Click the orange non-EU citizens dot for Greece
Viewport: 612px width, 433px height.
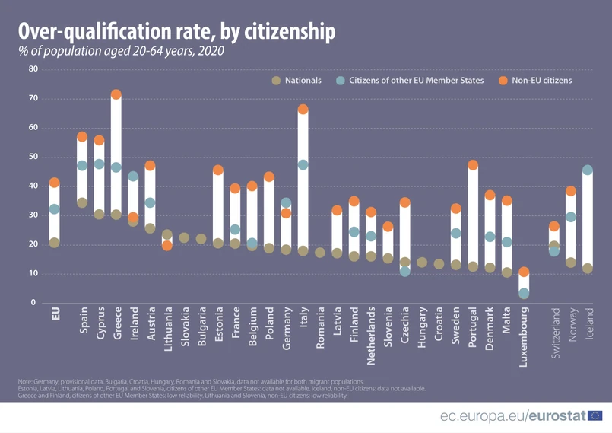click(x=116, y=95)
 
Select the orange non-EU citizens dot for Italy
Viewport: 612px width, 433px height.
click(x=303, y=110)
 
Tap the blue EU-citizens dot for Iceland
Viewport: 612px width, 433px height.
click(x=587, y=170)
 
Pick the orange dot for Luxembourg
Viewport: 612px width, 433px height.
click(x=523, y=272)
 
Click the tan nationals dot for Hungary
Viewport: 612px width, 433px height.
click(x=422, y=263)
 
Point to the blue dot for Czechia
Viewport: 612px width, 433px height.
click(x=405, y=271)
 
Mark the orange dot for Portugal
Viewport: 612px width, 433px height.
click(x=473, y=165)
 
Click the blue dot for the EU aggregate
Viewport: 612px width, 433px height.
click(x=54, y=209)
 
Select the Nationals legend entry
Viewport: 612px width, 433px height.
click(x=296, y=81)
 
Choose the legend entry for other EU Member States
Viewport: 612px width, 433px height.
click(x=410, y=81)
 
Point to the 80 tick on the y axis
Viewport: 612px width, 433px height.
click(x=33, y=69)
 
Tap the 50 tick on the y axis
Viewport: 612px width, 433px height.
click(x=33, y=157)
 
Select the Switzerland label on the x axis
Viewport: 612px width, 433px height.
click(x=554, y=334)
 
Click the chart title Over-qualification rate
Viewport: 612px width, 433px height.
click(x=176, y=31)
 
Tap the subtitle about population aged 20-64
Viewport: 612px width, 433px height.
click(x=122, y=52)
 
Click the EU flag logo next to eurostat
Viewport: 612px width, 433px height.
click(x=595, y=415)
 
